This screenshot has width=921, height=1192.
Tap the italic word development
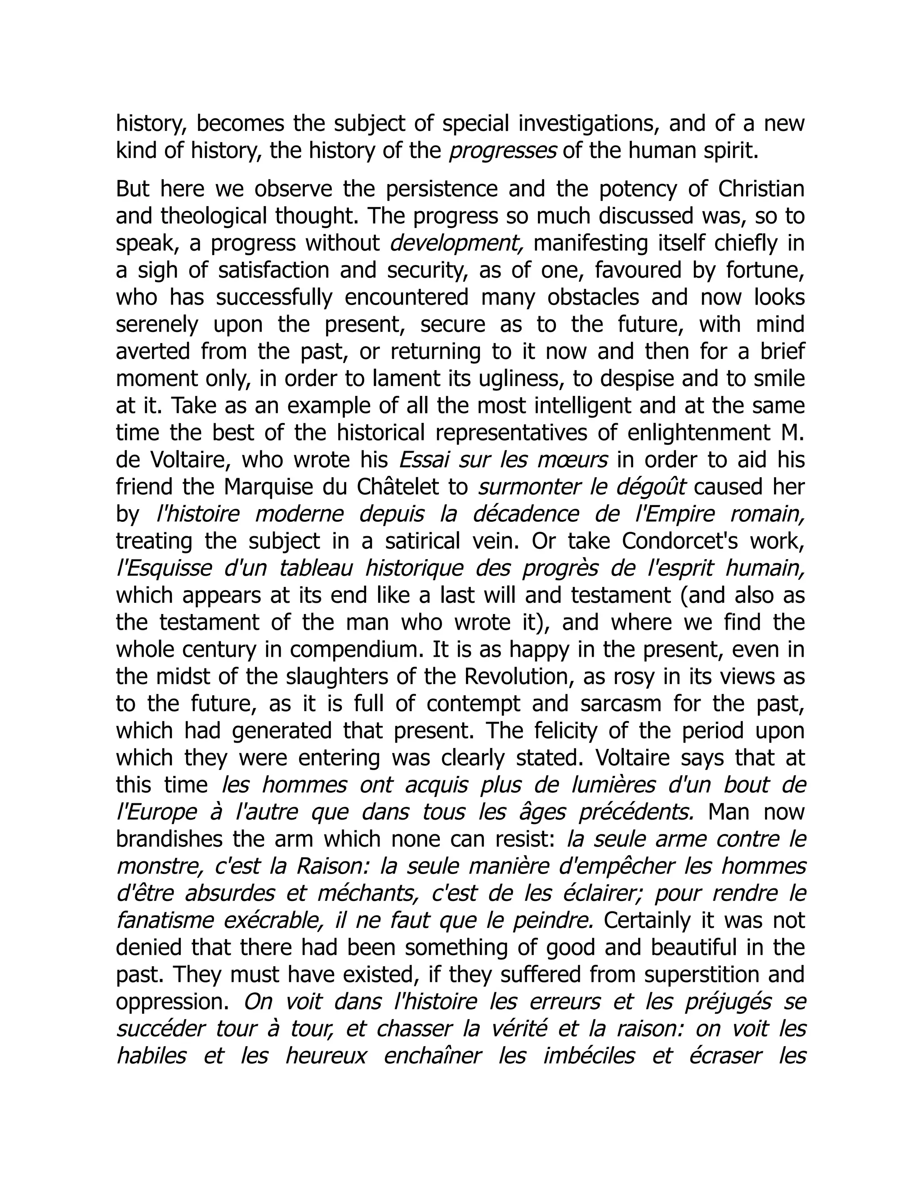click(x=457, y=244)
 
